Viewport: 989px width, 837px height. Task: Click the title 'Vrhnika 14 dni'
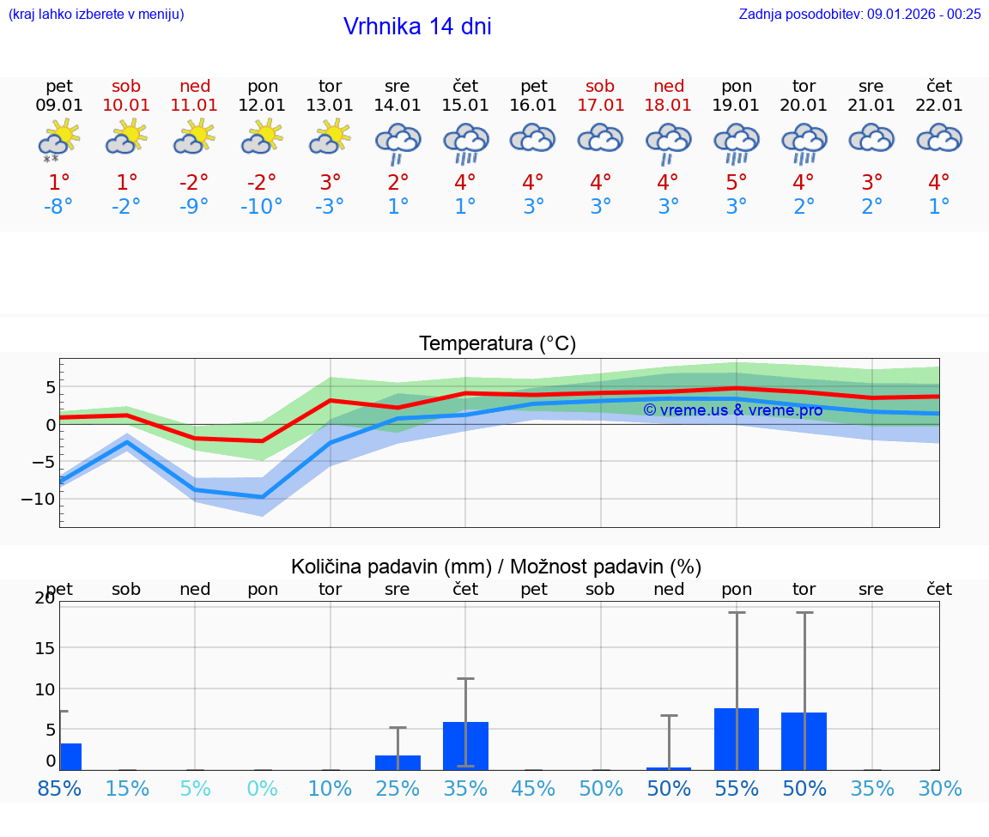pos(417,27)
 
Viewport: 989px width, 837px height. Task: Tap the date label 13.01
pos(331,106)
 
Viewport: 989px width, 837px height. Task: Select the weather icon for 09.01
pos(58,140)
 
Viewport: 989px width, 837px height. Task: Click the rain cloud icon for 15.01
pos(465,143)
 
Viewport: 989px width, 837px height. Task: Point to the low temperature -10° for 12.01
pos(262,207)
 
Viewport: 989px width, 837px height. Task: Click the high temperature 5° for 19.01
pos(737,183)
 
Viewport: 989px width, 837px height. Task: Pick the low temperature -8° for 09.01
pos(58,207)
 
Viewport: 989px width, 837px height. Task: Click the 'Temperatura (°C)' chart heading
pos(497,344)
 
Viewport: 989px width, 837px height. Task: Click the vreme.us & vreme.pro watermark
pos(732,410)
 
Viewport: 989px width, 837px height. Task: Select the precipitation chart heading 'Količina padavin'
pos(496,567)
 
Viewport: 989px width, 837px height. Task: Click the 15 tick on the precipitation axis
pos(45,647)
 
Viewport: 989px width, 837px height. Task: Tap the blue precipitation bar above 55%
pos(737,739)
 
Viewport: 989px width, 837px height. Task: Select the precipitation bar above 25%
pos(397,762)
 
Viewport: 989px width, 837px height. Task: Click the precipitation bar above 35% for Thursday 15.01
pos(465,746)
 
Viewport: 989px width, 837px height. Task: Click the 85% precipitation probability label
pos(58,788)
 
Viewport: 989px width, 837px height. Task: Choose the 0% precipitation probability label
pos(262,788)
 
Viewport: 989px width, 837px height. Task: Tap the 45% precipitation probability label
pos(533,788)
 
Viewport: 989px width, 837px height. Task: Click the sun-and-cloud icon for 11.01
pos(194,137)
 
